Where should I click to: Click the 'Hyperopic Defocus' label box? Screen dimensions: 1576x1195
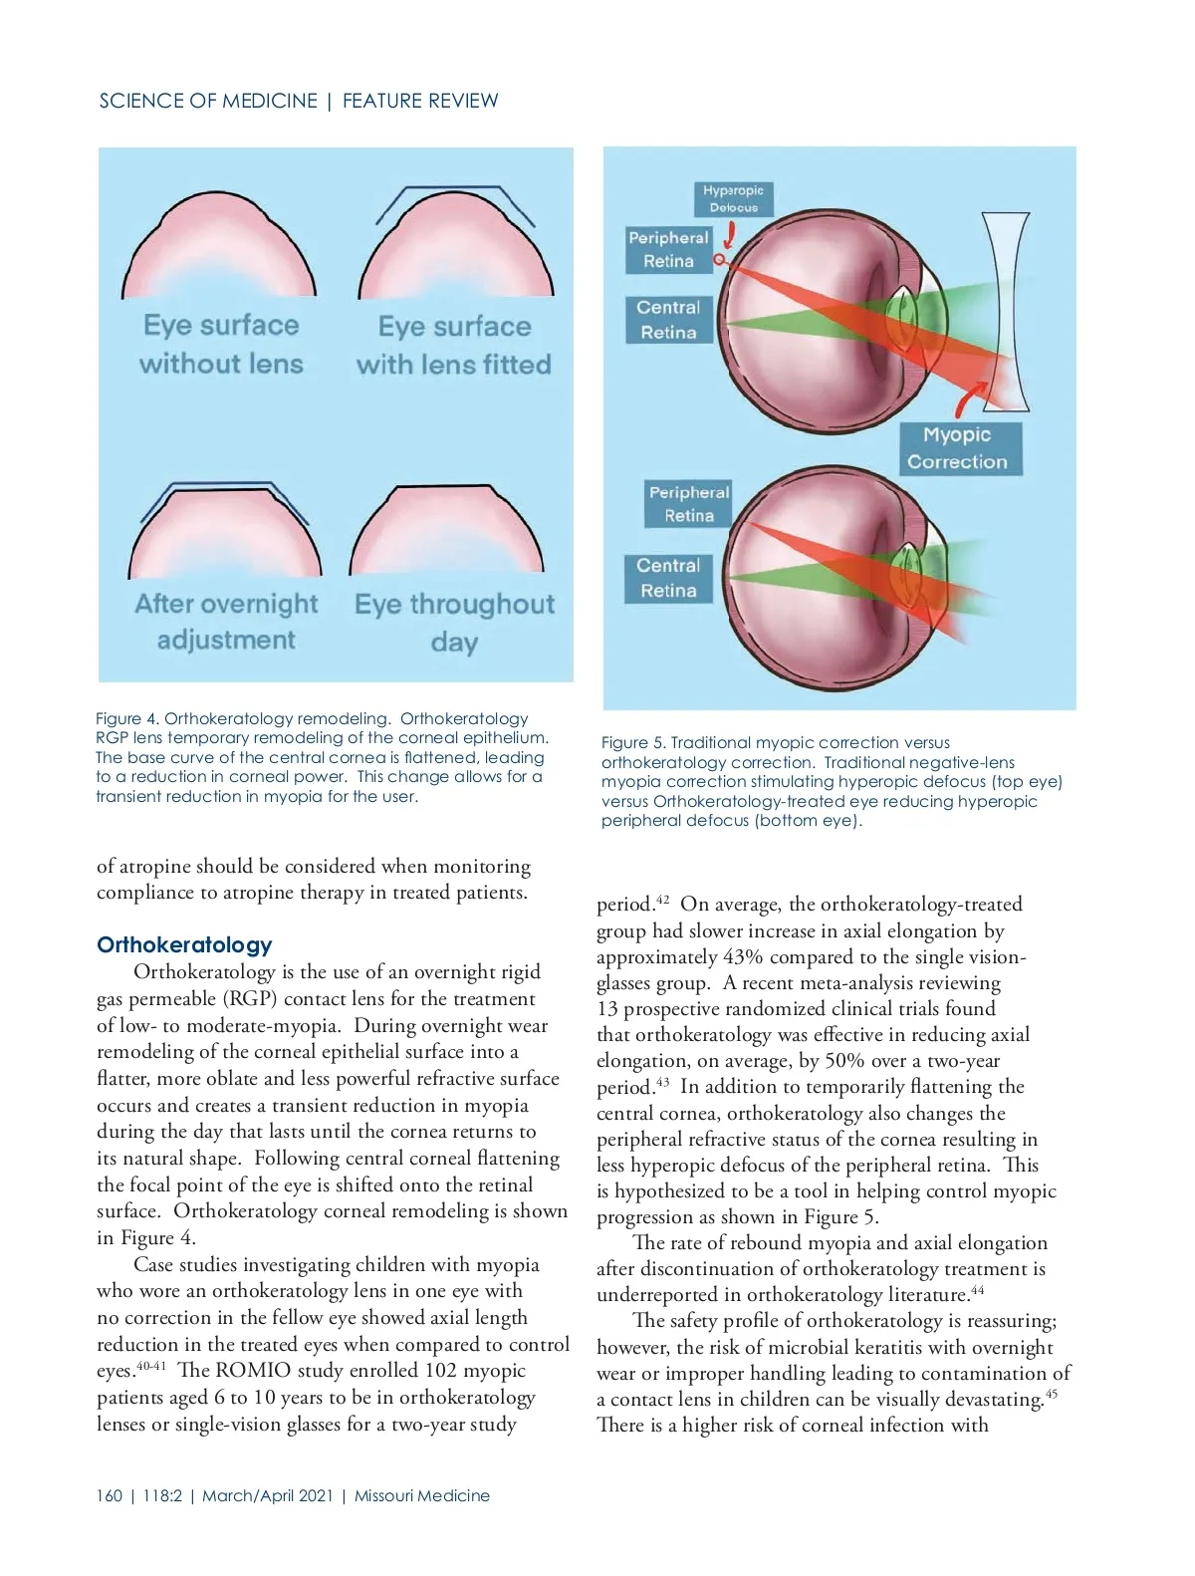tap(733, 199)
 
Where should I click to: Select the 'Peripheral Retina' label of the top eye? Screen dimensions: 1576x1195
tap(668, 250)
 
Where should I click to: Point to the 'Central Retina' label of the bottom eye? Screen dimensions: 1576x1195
tap(668, 578)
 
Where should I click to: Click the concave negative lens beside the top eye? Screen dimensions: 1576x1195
tap(1005, 309)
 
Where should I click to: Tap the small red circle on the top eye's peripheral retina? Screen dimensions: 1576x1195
tap(719, 260)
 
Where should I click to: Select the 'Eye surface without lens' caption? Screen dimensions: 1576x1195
tap(221, 345)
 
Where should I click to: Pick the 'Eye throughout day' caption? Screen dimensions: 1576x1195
tap(454, 623)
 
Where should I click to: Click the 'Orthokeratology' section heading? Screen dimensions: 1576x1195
tap(184, 944)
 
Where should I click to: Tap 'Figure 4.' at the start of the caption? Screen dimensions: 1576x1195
tap(126, 718)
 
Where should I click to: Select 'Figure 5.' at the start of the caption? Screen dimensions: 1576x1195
tap(632, 742)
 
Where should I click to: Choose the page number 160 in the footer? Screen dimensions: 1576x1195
tap(110, 1495)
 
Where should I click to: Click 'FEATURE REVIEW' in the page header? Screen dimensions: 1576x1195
tap(420, 101)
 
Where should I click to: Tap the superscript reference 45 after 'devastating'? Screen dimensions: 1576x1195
tap(1052, 1394)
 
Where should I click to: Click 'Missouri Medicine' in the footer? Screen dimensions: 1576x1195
tap(422, 1495)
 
